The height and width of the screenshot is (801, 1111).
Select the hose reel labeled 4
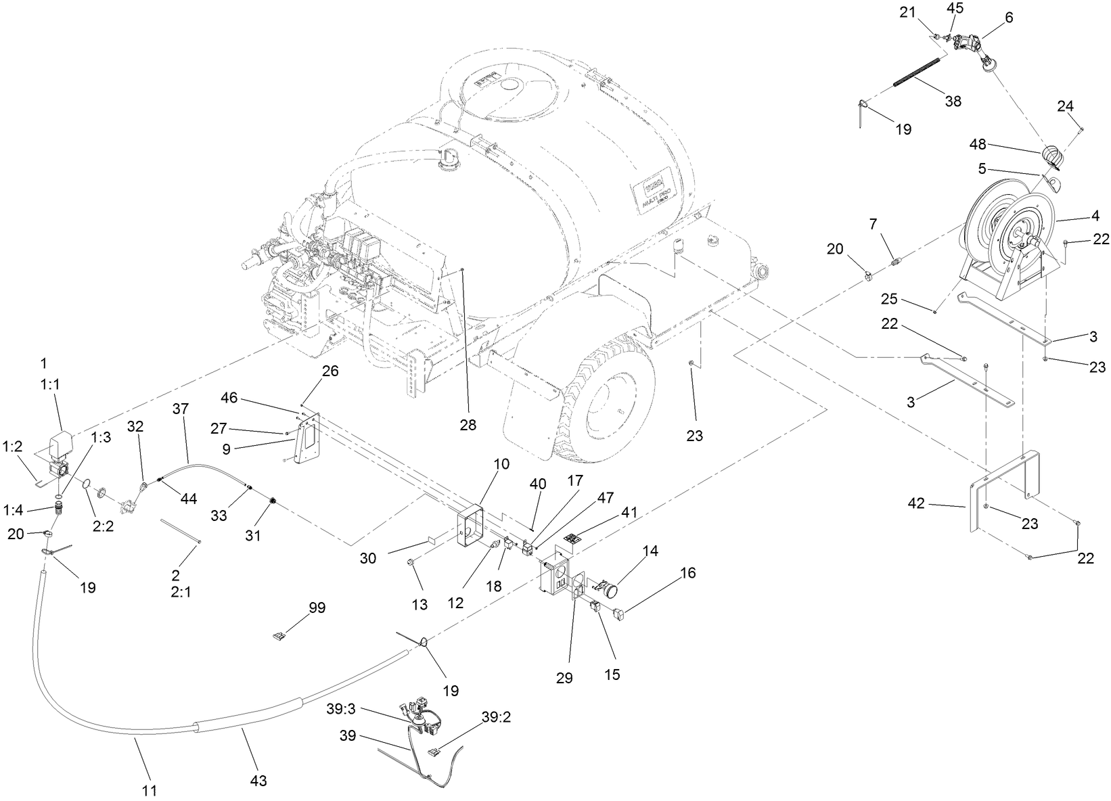(x=1008, y=237)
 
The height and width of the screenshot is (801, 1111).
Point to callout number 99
(x=317, y=608)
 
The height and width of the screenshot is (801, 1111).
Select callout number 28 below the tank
(x=466, y=425)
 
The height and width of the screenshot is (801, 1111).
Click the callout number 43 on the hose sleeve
(x=258, y=781)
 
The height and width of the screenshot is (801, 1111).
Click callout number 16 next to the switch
(x=687, y=573)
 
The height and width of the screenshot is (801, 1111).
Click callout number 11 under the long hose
(x=150, y=789)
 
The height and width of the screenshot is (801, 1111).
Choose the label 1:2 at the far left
(x=13, y=447)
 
